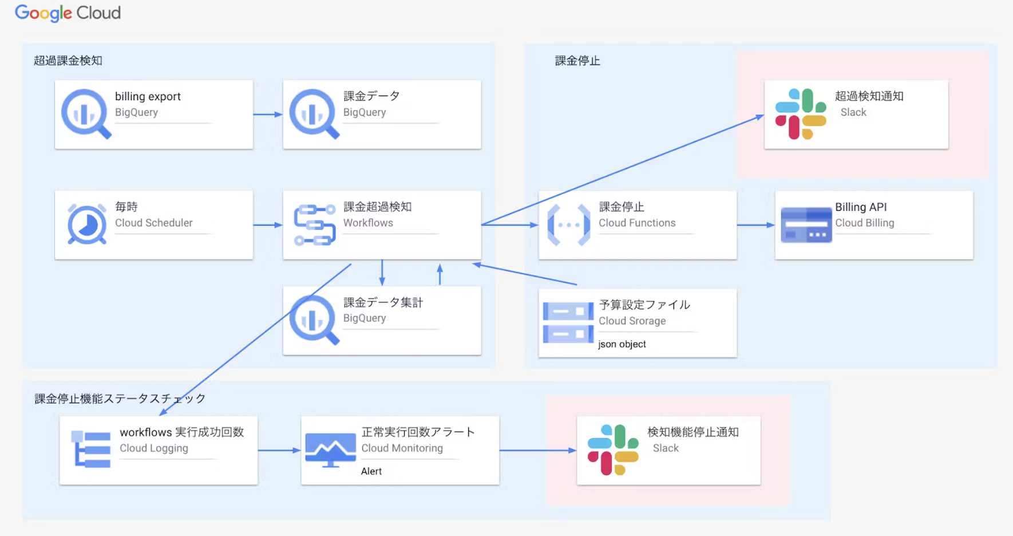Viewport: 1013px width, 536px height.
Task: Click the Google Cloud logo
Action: pos(68,13)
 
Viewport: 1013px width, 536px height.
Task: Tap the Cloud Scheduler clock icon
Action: pos(87,224)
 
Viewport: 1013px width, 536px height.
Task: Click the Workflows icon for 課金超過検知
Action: pos(314,225)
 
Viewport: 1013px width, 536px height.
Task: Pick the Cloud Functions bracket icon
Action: pos(568,225)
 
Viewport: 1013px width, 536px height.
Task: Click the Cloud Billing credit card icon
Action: pos(806,225)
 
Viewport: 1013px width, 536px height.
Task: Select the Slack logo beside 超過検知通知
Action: pos(800,114)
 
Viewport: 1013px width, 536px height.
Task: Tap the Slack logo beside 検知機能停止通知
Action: pos(613,450)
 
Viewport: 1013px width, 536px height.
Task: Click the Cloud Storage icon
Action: pos(568,322)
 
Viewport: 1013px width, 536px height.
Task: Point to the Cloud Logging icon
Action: pos(91,450)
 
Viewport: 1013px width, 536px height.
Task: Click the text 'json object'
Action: pos(622,344)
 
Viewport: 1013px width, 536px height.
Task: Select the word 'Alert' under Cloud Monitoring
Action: pos(371,471)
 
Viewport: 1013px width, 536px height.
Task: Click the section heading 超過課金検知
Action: pos(68,61)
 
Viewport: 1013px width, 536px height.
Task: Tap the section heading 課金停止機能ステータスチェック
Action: pos(120,399)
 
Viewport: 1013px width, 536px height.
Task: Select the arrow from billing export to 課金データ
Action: pos(267,115)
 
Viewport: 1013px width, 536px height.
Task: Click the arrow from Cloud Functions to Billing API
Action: pos(755,225)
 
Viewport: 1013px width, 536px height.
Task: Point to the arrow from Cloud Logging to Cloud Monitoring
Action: pos(279,451)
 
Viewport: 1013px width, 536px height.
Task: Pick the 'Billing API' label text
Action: pos(860,207)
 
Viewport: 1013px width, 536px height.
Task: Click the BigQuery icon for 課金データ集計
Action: pos(314,320)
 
